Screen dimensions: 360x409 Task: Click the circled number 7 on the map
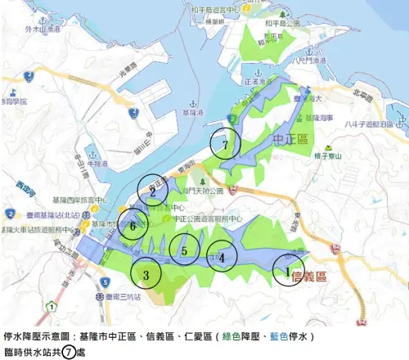pyautogui.click(x=224, y=145)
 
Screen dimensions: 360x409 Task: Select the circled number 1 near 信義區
pyautogui.click(x=287, y=269)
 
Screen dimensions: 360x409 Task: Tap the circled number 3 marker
pyautogui.click(x=146, y=274)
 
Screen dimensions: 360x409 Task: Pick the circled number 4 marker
pyautogui.click(x=222, y=257)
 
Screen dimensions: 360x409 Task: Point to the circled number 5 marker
pyautogui.click(x=186, y=250)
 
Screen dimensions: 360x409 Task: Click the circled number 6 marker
pyautogui.click(x=133, y=227)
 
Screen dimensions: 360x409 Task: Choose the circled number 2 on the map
pyautogui.click(x=152, y=192)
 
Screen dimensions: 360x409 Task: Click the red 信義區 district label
pyautogui.click(x=309, y=276)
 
